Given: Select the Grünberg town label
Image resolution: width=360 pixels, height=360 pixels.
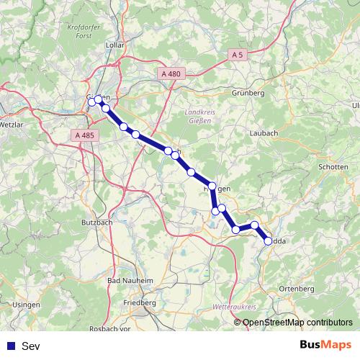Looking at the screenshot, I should [x=248, y=93].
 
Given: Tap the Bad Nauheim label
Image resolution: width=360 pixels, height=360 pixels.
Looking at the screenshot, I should [x=130, y=280].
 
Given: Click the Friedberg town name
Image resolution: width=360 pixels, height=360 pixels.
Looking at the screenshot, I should [x=140, y=303].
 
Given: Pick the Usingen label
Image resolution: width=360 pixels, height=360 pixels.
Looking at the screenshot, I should [x=27, y=305].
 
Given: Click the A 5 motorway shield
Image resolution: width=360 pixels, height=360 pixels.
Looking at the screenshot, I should [x=238, y=55].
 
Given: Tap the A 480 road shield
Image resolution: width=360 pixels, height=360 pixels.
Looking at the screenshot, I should [x=171, y=73].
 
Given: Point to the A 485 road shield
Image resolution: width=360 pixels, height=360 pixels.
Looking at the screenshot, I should [x=84, y=135].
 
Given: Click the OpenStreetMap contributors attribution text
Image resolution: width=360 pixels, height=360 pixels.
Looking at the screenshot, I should [x=296, y=322].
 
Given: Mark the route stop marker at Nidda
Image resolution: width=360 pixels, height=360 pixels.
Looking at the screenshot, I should [x=269, y=241].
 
